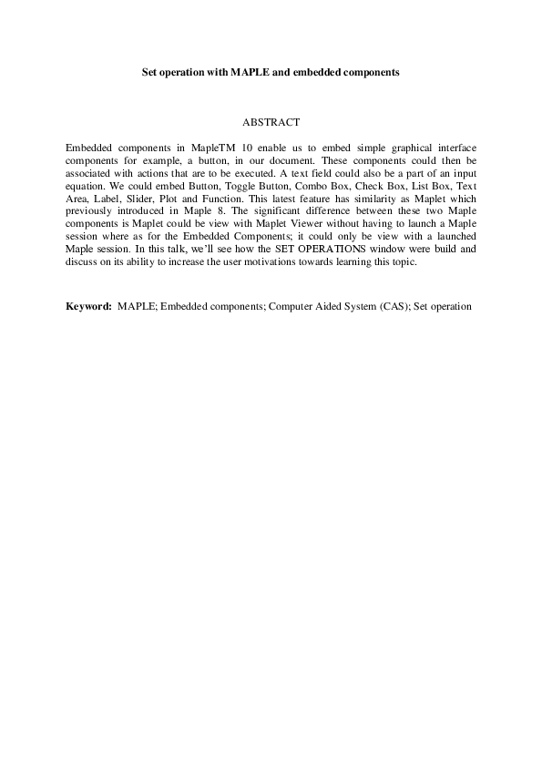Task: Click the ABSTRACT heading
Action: [x=271, y=121]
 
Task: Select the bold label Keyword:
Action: [x=88, y=306]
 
